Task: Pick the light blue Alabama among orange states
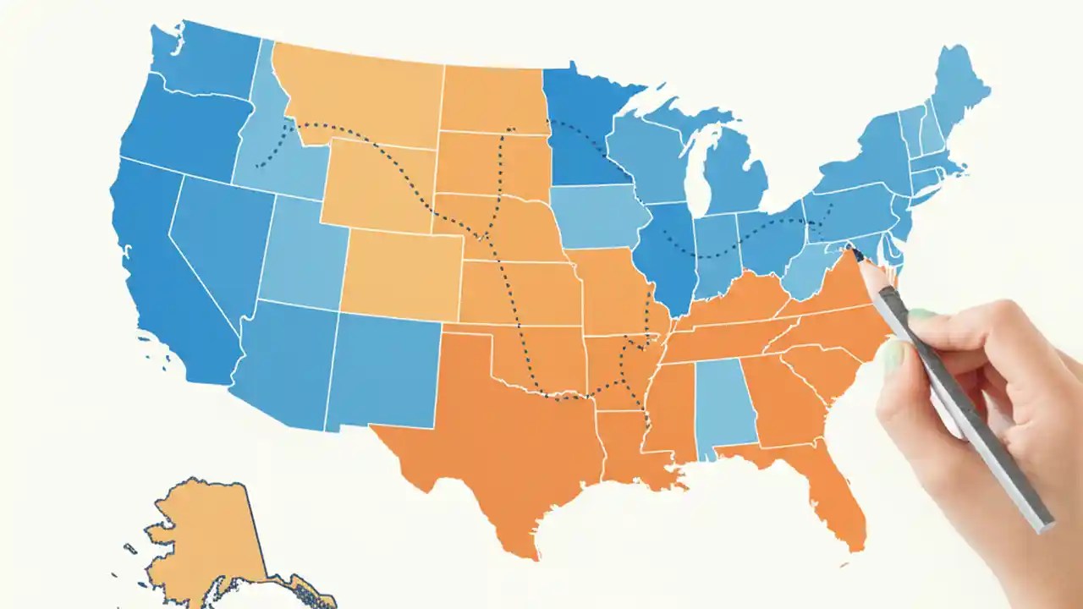coord(723,406)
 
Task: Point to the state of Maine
coord(956,85)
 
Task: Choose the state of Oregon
coord(186,127)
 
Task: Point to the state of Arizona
coord(288,364)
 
